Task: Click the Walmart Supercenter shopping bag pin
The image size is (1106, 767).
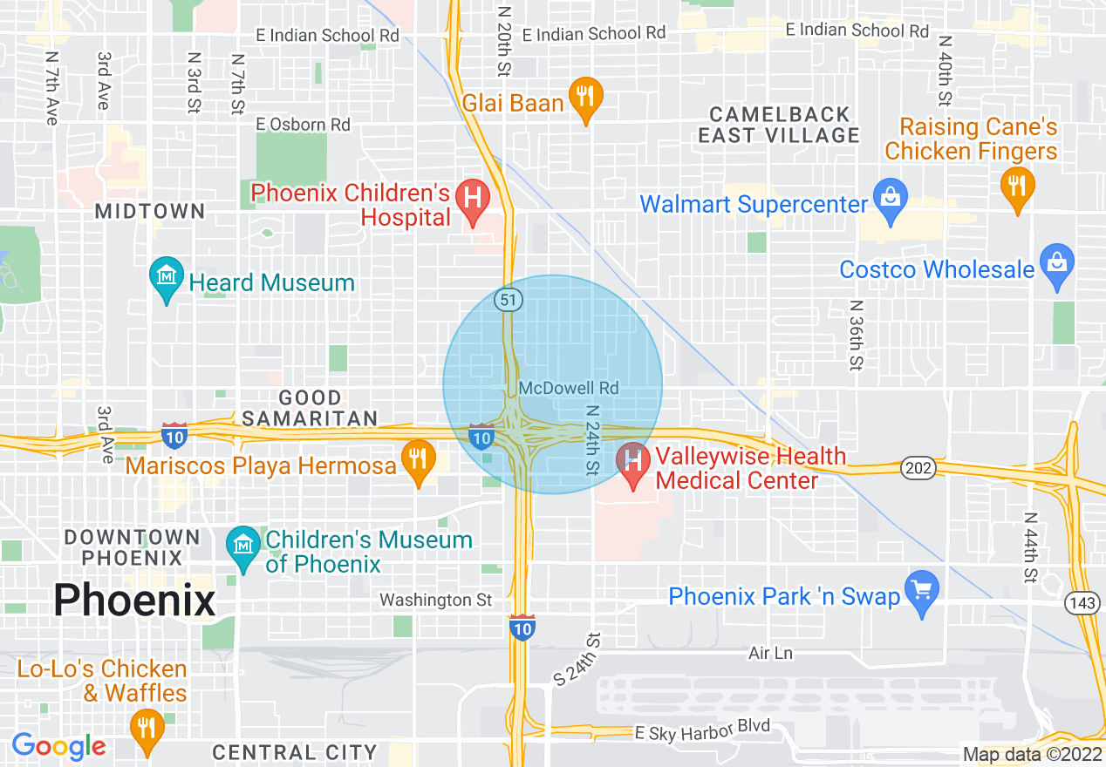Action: [890, 199]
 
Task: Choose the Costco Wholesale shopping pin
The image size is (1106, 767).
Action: [1056, 264]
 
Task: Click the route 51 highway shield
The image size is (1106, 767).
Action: [508, 300]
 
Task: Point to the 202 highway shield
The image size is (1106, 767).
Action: [918, 469]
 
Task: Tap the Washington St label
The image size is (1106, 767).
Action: [435, 601]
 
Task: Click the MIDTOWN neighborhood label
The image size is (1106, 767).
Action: [150, 211]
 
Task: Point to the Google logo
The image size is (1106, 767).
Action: [58, 746]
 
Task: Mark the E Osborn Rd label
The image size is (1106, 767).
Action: [304, 125]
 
